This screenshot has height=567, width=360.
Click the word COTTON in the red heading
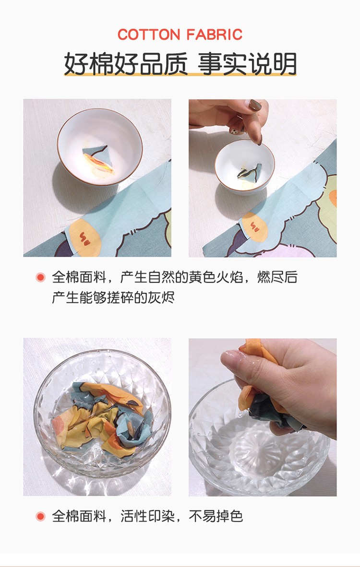(x=148, y=35)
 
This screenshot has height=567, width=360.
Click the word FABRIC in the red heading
(x=215, y=35)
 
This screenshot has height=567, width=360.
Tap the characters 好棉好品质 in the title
(x=126, y=64)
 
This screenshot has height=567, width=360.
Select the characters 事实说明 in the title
(x=247, y=64)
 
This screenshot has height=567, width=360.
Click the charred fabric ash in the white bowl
(x=250, y=172)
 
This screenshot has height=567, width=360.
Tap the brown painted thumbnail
(x=255, y=105)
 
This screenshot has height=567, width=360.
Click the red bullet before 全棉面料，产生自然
(x=40, y=277)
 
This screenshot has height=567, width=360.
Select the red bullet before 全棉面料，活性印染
(x=40, y=516)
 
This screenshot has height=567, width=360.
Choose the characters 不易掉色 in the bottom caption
(x=216, y=516)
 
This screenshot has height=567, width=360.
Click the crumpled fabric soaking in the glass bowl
(x=103, y=418)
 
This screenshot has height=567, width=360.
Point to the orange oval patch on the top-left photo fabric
(x=84, y=237)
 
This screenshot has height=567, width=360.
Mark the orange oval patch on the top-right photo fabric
(x=255, y=227)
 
